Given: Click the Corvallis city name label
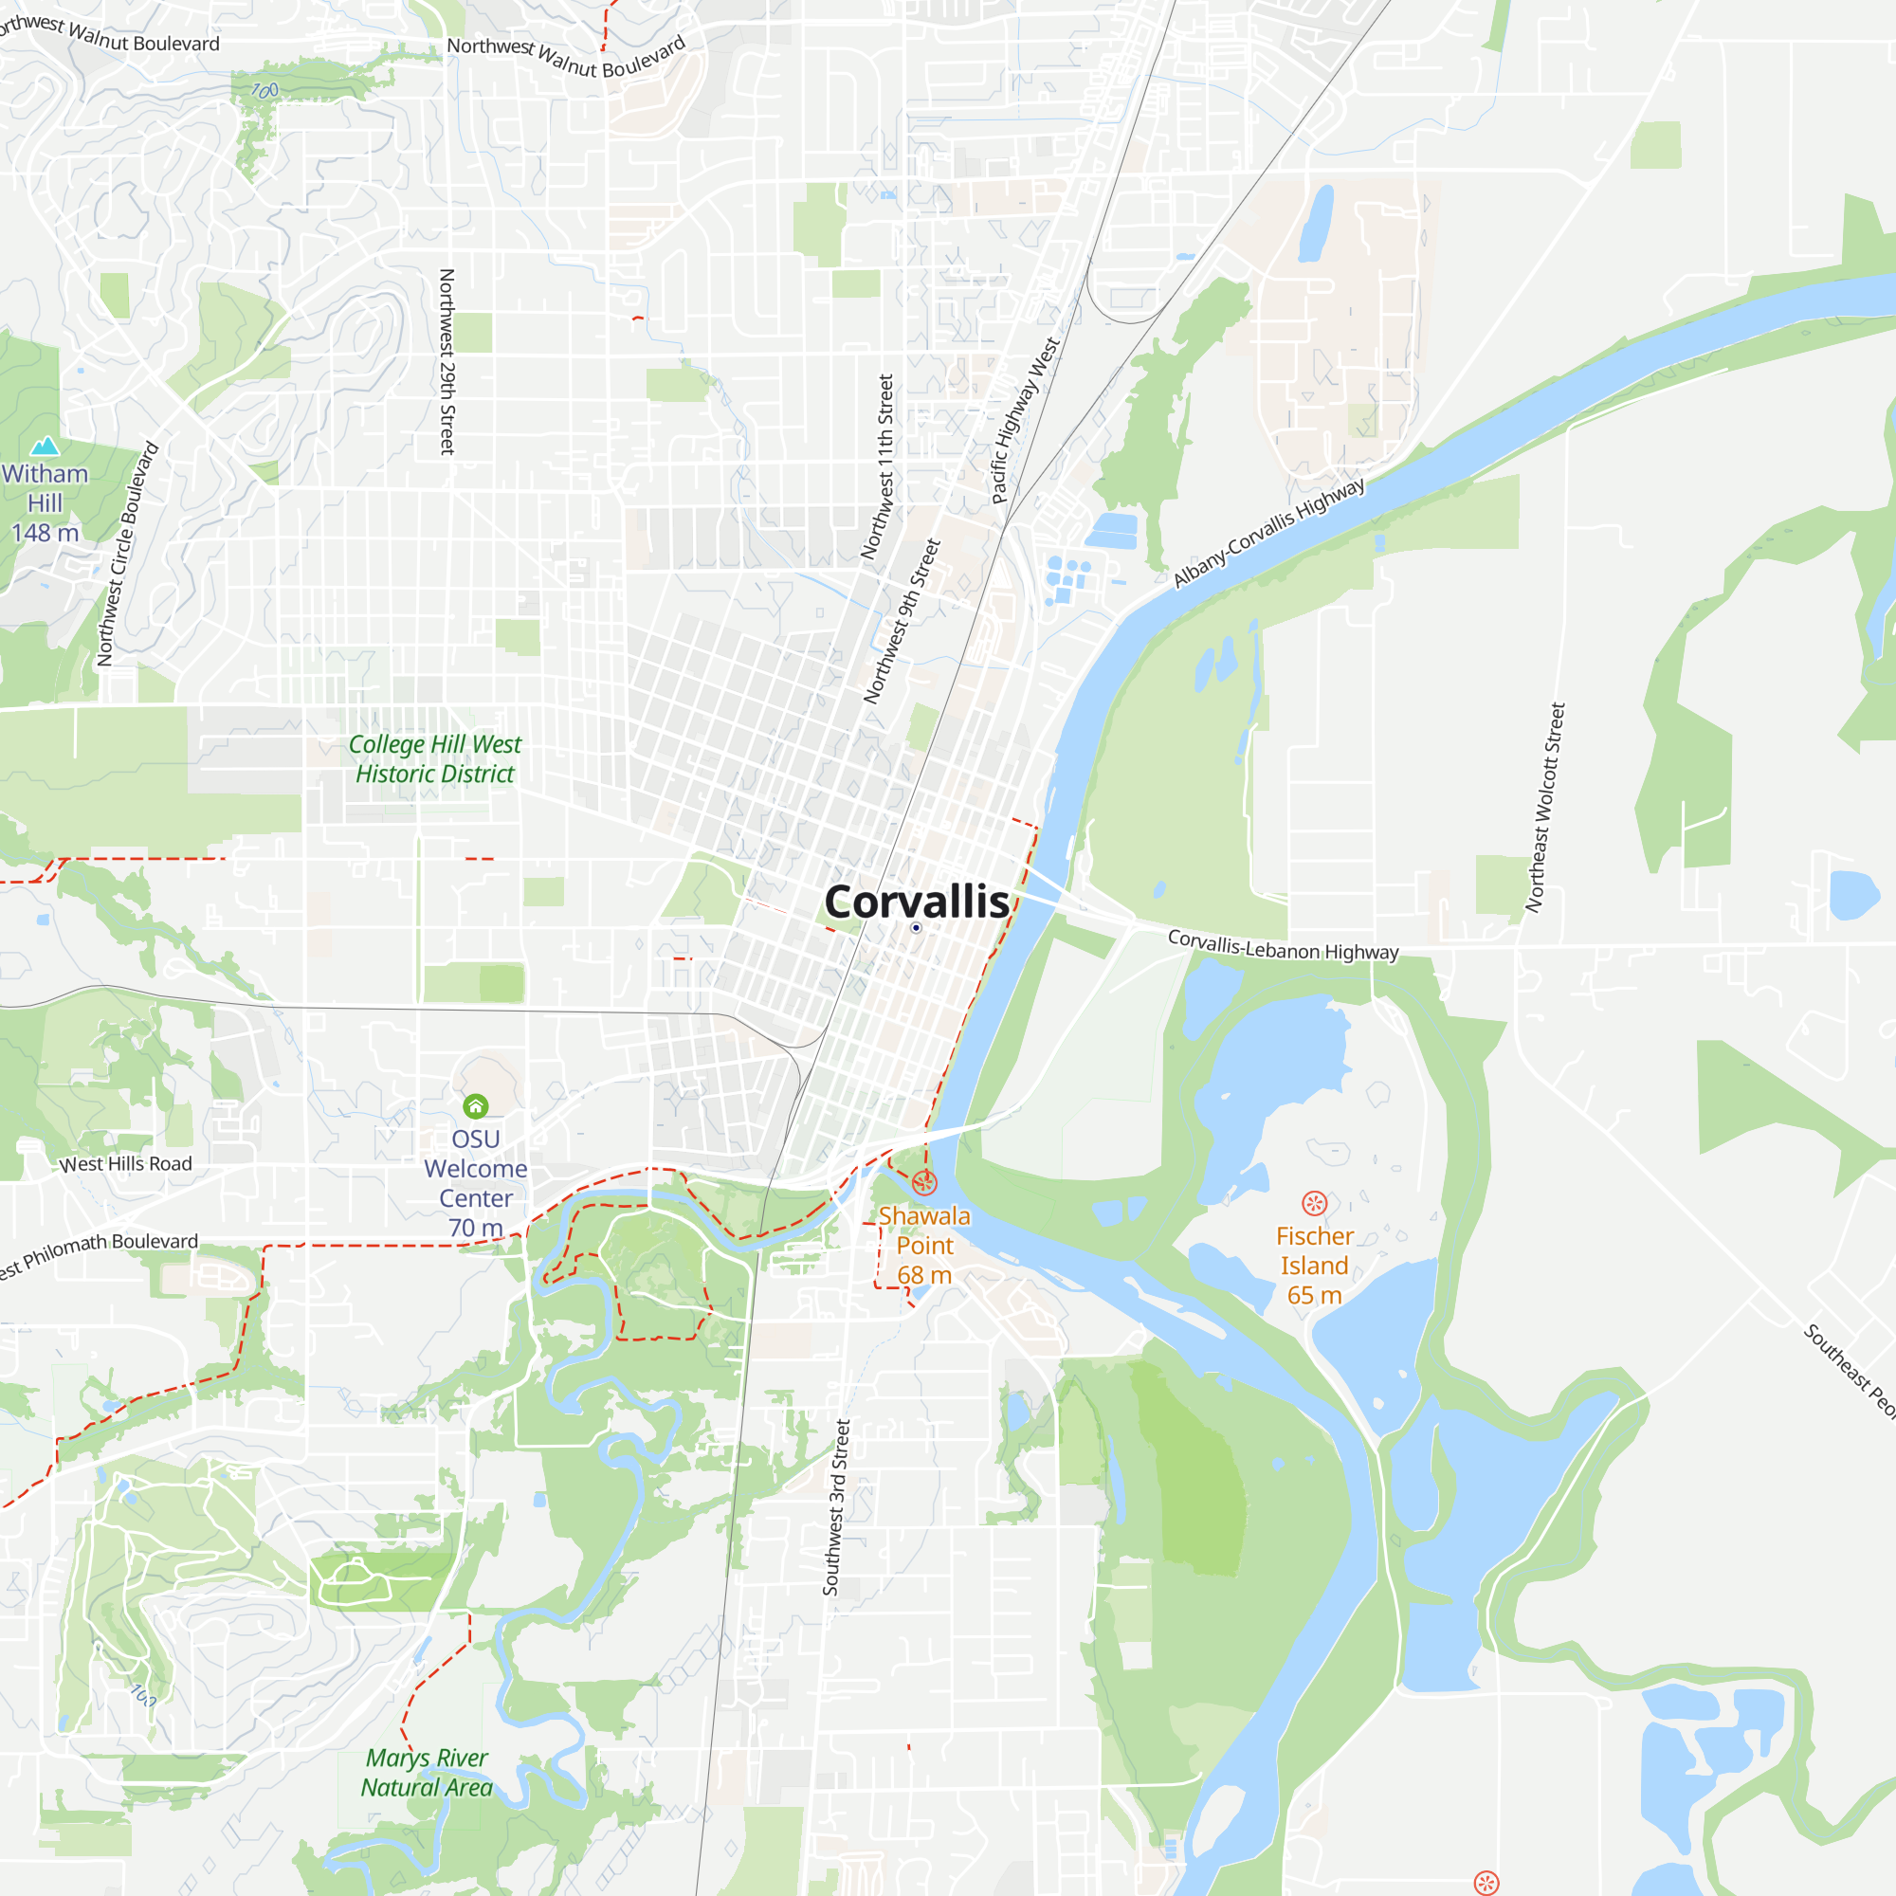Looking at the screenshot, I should pos(916,901).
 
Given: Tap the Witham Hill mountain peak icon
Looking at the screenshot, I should pos(45,447).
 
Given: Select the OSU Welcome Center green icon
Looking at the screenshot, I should pos(475,1106).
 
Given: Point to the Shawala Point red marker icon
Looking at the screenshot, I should pos(923,1182).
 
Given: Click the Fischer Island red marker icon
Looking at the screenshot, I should pos(1314,1203).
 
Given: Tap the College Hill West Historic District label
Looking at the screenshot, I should pos(435,758).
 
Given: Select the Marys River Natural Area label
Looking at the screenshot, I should pos(427,1773).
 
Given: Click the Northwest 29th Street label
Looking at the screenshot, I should pos(447,362).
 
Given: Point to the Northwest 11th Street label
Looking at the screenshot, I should pos(877,466).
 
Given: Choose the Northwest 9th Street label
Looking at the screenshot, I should pos(902,620).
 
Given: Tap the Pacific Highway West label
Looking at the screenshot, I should pos(1026,420).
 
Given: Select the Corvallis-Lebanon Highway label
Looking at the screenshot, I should pos(1283,945).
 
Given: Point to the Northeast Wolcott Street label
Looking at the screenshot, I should pos(1544,808).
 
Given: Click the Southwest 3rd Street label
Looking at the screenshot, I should pos(836,1506).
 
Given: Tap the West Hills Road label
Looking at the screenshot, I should pos(126,1164).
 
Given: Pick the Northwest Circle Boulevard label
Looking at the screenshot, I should pos(128,555).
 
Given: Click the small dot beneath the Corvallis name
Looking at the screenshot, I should pos(916,927).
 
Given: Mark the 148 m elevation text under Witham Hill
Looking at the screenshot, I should pos(46,533).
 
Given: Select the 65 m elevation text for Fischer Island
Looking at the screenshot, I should pos(1314,1295).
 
